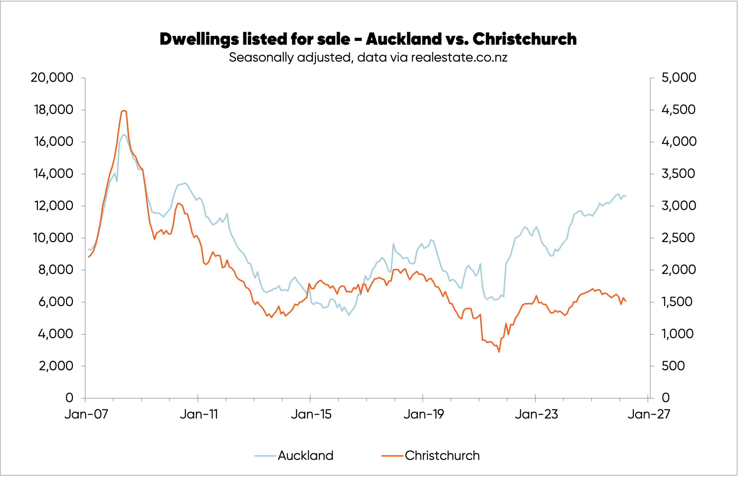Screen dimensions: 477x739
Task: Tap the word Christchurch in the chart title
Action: (525, 39)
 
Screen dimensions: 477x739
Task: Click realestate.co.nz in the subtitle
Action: (459, 58)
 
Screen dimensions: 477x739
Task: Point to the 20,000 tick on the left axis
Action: (52, 77)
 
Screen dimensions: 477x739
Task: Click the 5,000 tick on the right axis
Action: (679, 77)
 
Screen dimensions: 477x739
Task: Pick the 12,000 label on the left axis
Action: (53, 206)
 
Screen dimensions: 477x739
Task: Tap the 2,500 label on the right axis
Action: (679, 238)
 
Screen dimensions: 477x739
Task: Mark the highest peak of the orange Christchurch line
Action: (124, 110)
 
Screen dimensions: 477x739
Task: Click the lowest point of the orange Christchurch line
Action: (499, 352)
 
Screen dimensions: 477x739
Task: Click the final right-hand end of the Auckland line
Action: (626, 196)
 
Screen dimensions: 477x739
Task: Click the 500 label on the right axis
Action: (673, 366)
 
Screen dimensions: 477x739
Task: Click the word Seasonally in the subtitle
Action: (261, 58)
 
